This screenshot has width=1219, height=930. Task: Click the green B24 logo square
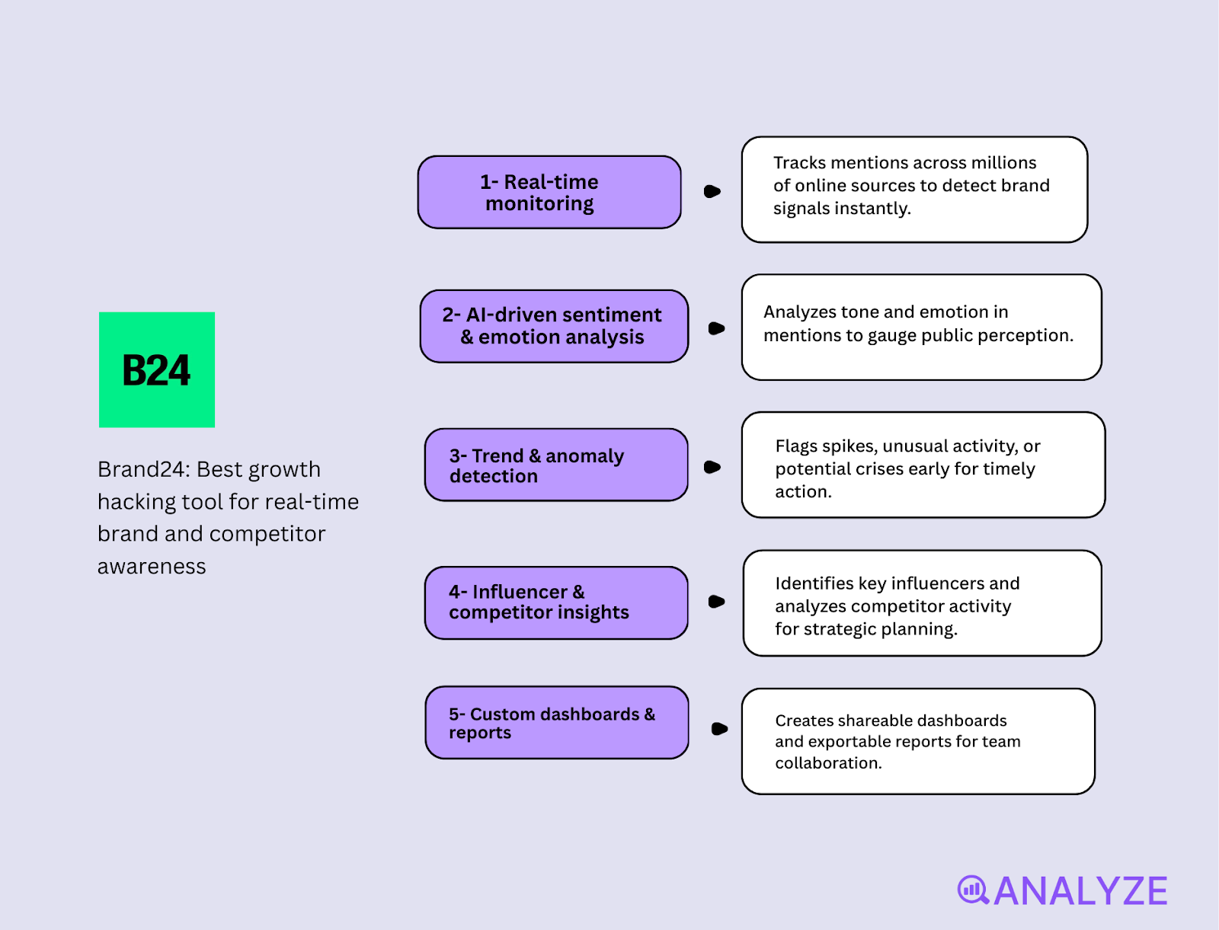[157, 369]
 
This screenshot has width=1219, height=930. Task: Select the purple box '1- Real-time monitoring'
[549, 192]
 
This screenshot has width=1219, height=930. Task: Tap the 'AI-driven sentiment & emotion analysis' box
[554, 326]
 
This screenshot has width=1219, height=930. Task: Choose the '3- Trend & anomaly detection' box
[556, 465]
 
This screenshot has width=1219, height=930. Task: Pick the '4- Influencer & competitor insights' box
[556, 602]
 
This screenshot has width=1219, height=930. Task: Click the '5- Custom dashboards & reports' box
[557, 722]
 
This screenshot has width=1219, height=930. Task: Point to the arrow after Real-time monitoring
[712, 191]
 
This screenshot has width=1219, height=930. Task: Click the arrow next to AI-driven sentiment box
[716, 328]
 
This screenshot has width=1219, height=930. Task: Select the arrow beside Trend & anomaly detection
[712, 467]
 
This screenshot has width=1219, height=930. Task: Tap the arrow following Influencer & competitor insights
[716, 602]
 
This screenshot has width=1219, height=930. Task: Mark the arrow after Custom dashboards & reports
[719, 729]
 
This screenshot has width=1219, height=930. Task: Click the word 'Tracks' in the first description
[799, 163]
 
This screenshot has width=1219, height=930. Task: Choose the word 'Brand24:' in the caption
[143, 469]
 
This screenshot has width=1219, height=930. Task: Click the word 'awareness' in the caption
[152, 567]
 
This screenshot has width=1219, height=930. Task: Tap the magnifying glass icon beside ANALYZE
[973, 890]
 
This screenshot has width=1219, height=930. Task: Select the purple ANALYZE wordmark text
[1080, 891]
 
